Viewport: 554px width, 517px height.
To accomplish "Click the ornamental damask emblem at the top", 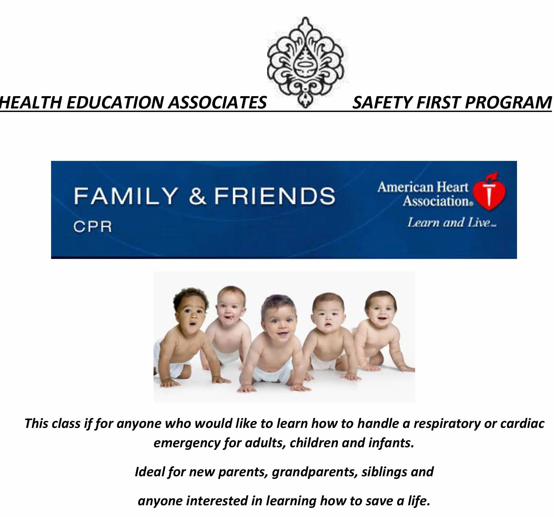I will click(x=307, y=62).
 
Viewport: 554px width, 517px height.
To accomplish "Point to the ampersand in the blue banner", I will click(x=197, y=196).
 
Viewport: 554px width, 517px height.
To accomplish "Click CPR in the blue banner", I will click(x=92, y=227).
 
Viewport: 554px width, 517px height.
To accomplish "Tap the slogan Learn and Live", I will click(x=451, y=222).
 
